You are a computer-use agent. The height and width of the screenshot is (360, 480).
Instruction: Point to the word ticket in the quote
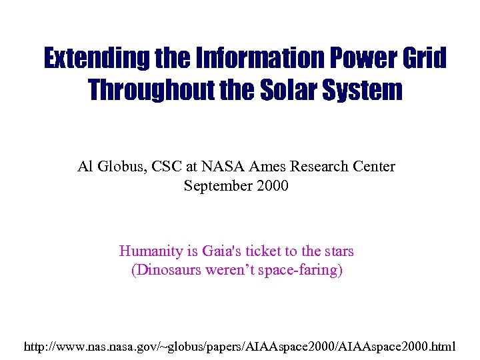pos(264,251)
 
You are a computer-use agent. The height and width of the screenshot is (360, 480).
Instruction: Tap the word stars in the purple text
pos(336,251)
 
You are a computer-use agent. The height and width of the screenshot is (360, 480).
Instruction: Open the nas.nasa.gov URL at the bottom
pos(240,347)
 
